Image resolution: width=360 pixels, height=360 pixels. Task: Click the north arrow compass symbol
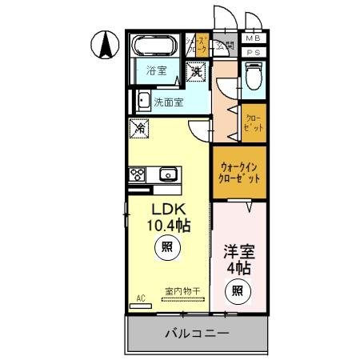[x=103, y=45]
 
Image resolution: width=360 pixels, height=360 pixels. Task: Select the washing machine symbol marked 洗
[x=196, y=72]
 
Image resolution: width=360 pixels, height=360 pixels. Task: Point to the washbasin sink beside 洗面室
[x=142, y=101]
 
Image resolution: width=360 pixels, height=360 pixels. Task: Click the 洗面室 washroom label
[x=170, y=102]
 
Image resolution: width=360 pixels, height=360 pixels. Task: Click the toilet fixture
[x=254, y=75]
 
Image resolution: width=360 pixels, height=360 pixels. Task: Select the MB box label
[x=253, y=38]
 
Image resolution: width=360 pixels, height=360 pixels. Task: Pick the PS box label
[x=253, y=52]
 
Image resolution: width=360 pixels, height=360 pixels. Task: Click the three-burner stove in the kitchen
[x=135, y=174]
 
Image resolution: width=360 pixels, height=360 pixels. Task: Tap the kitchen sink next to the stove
[x=168, y=174]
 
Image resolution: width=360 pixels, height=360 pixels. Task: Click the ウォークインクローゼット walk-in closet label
[x=239, y=174]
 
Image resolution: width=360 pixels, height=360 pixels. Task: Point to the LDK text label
[x=166, y=209]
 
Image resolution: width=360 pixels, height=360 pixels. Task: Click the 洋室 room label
[x=239, y=250]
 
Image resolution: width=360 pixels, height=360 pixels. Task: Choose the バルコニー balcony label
[x=197, y=332]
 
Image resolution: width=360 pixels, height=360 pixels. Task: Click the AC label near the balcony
[x=140, y=298]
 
